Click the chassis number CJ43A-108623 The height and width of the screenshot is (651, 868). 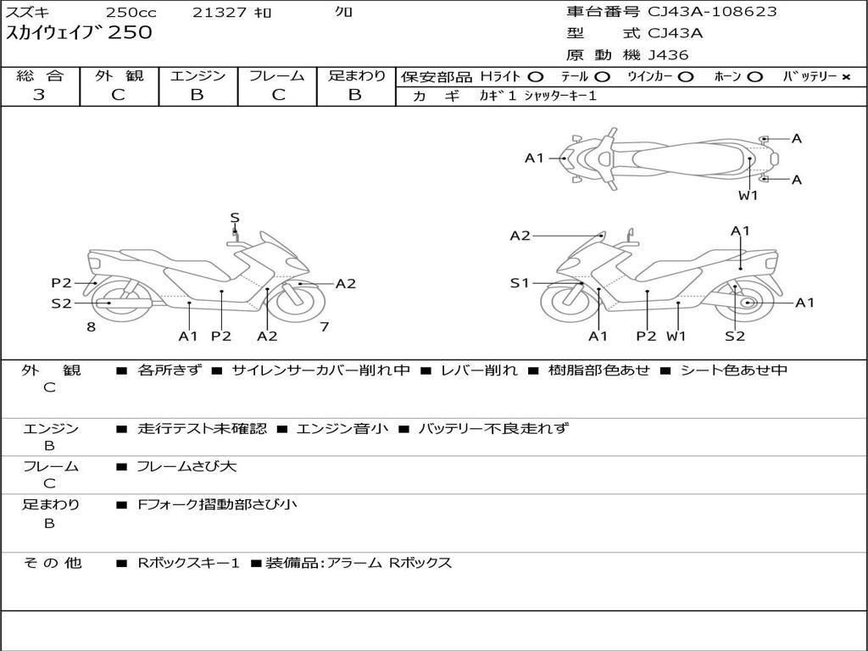pyautogui.click(x=712, y=12)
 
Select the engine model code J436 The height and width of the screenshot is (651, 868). pyautogui.click(x=668, y=55)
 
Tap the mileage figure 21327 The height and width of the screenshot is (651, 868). pyautogui.click(x=220, y=12)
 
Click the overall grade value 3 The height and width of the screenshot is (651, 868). pyautogui.click(x=39, y=95)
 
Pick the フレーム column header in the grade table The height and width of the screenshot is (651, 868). pyautogui.click(x=277, y=75)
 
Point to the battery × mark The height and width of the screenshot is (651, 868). pyautogui.click(x=845, y=77)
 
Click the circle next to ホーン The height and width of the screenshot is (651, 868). pyautogui.click(x=754, y=77)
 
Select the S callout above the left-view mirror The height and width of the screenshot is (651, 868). pyautogui.click(x=235, y=218)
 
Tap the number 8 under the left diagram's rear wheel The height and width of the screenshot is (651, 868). pyautogui.click(x=92, y=326)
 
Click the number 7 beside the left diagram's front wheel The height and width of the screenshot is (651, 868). pyautogui.click(x=325, y=326)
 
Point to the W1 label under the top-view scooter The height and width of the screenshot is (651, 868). pyautogui.click(x=748, y=195)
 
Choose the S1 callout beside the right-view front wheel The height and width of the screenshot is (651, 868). pyautogui.click(x=520, y=283)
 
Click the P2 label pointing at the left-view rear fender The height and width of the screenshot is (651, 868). pyautogui.click(x=61, y=283)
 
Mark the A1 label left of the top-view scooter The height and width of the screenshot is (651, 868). pyautogui.click(x=534, y=159)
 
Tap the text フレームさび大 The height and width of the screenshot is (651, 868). pyautogui.click(x=186, y=466)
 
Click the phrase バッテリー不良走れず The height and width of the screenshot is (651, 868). pyautogui.click(x=493, y=428)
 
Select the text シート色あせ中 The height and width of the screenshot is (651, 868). pyautogui.click(x=733, y=370)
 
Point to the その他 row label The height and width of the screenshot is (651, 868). pyautogui.click(x=52, y=563)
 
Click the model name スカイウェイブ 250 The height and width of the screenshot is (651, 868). pyautogui.click(x=79, y=32)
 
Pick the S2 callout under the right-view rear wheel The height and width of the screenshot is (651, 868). pyautogui.click(x=735, y=336)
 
